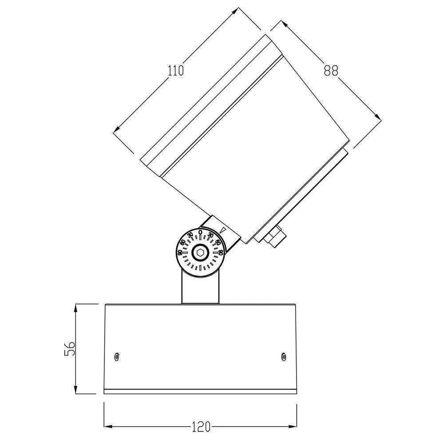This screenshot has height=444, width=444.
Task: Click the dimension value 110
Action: (x=176, y=70)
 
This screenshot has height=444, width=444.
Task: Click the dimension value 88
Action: (x=331, y=71)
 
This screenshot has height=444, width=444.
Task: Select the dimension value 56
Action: (x=69, y=349)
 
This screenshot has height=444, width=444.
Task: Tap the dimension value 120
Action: (x=201, y=427)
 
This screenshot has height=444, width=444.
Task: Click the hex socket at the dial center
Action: (x=200, y=254)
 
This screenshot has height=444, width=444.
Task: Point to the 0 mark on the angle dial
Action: (x=200, y=232)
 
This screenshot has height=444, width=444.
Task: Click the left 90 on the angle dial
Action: (x=179, y=253)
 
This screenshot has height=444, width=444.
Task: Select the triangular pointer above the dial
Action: (x=224, y=231)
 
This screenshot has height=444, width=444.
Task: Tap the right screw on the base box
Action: (x=283, y=356)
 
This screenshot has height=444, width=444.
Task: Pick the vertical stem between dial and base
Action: (x=200, y=289)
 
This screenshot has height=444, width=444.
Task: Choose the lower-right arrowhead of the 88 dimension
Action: (x=379, y=118)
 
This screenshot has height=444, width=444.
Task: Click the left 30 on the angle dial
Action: (x=190, y=235)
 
